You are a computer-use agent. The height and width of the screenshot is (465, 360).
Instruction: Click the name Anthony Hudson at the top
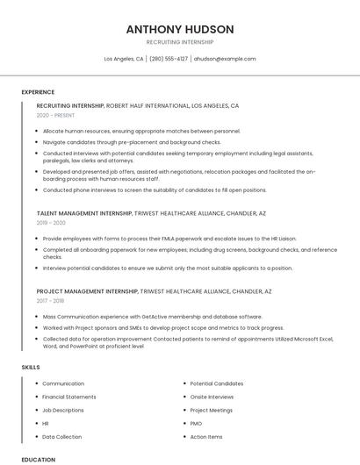pyautogui.click(x=179, y=28)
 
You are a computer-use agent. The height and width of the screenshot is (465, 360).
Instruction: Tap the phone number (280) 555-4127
pyautogui.click(x=169, y=59)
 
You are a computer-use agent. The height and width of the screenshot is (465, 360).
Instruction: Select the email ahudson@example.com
pyautogui.click(x=225, y=59)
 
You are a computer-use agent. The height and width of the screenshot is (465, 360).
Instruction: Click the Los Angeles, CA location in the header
pyautogui.click(x=124, y=59)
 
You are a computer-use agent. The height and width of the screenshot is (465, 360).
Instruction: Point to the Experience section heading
pyautogui.click(x=38, y=92)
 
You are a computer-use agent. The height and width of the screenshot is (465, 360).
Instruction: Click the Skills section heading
pyautogui.click(x=31, y=367)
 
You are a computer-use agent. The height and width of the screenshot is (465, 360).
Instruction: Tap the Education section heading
pyautogui.click(x=38, y=459)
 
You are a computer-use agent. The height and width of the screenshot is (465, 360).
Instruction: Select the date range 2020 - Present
pyautogui.click(x=56, y=116)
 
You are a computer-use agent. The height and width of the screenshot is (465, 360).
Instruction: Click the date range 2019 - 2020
pyautogui.click(x=51, y=223)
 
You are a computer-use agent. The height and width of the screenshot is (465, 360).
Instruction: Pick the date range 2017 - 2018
pyautogui.click(x=51, y=300)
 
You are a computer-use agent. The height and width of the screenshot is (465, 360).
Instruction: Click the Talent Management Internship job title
pyautogui.click(x=84, y=213)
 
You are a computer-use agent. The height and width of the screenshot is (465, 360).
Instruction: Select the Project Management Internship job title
pyautogui.click(x=87, y=290)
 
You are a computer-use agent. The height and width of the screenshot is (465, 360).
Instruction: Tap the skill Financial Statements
pyautogui.click(x=69, y=397)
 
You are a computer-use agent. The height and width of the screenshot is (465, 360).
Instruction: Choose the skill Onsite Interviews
pyautogui.click(x=212, y=397)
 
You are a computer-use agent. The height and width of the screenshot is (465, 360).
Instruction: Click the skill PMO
pyautogui.click(x=197, y=423)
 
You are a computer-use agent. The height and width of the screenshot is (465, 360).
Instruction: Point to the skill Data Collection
pyautogui.click(x=62, y=436)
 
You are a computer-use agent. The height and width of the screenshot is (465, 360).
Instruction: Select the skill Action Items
pyautogui.click(x=206, y=436)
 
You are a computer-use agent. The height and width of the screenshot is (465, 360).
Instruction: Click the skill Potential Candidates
pyautogui.click(x=217, y=383)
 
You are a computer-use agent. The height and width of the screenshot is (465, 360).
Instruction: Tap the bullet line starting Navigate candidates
pyautogui.click(x=132, y=141)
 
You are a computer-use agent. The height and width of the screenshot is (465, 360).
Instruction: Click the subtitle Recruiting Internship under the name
pyautogui.click(x=179, y=42)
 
